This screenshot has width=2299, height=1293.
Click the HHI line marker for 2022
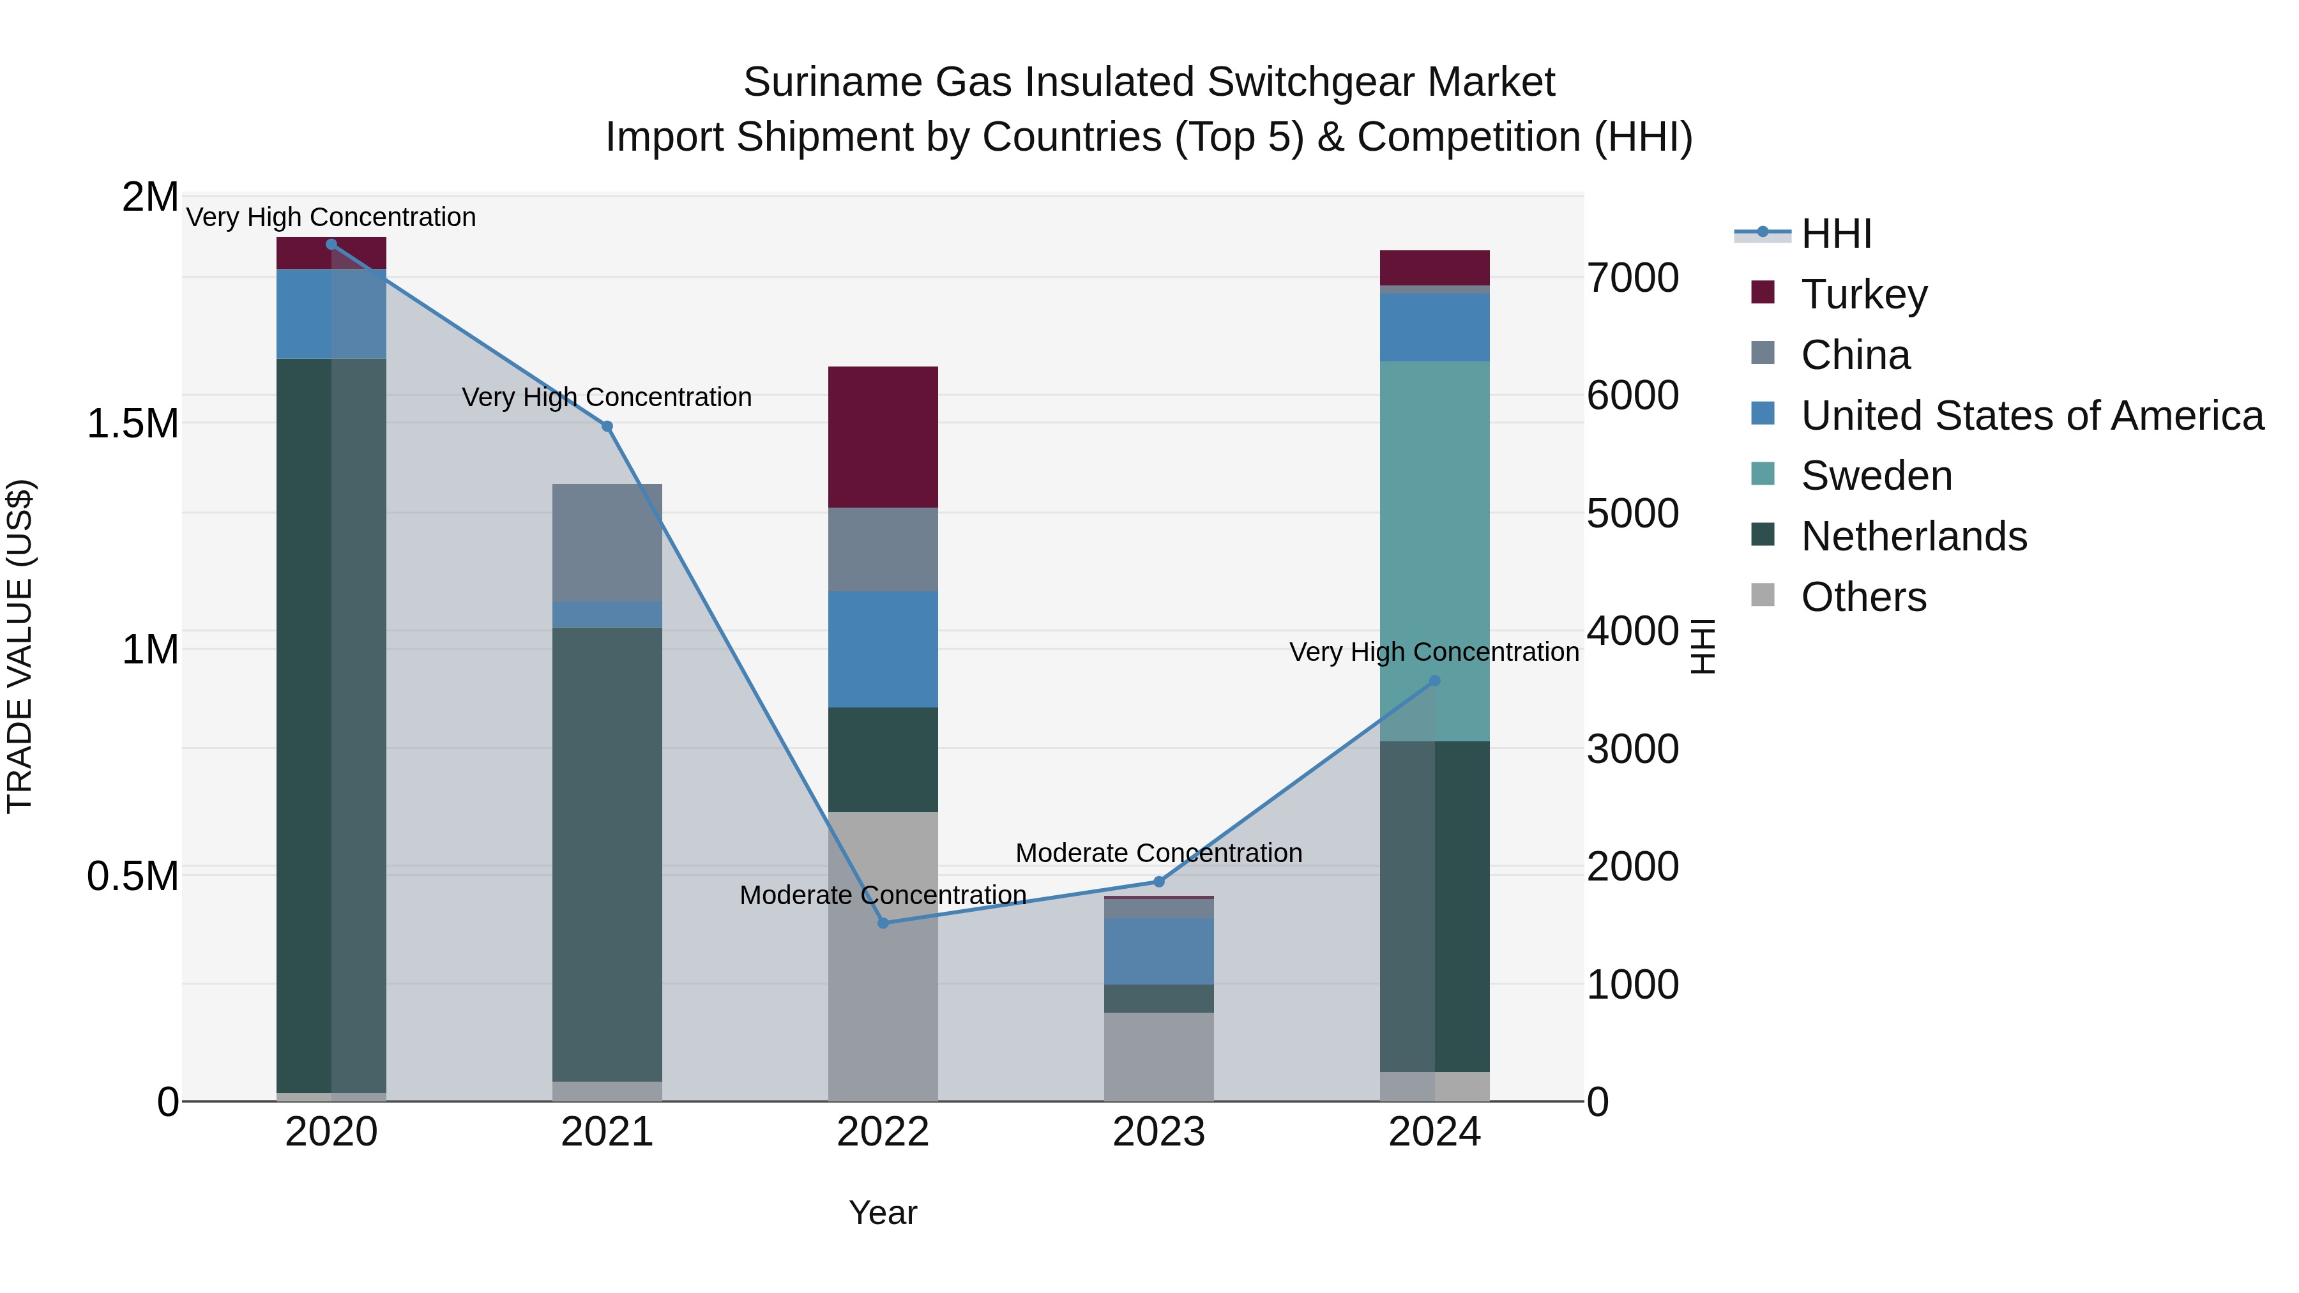pyautogui.click(x=883, y=923)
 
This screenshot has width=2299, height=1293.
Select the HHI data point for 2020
pyautogui.click(x=331, y=244)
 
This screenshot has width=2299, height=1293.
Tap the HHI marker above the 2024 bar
pyautogui.click(x=1434, y=681)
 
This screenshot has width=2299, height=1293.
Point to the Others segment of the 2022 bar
pyautogui.click(x=883, y=955)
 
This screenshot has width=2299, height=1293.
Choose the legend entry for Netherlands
pyautogui.click(x=1913, y=536)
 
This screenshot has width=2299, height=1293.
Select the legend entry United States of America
pyautogui.click(x=2031, y=416)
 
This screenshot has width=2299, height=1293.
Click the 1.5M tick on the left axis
pyautogui.click(x=133, y=423)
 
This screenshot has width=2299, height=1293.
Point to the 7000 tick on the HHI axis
pyautogui.click(x=1632, y=278)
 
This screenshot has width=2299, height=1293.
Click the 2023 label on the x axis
pyautogui.click(x=1158, y=1132)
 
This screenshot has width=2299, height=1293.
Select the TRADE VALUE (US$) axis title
pyautogui.click(x=20, y=646)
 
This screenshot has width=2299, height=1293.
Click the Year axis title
pyautogui.click(x=883, y=1213)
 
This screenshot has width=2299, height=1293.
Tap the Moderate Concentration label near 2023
pyautogui.click(x=1158, y=853)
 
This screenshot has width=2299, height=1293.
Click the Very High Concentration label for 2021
pyautogui.click(x=607, y=397)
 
